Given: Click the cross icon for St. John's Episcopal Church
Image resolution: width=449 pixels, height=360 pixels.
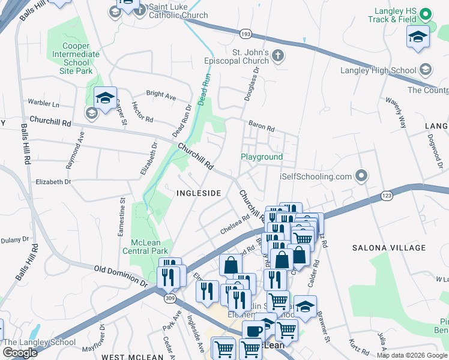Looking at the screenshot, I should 277,55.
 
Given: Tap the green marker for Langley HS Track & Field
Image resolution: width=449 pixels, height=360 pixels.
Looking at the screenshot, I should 425,14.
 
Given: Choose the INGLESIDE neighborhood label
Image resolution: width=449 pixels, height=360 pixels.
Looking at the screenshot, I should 199,193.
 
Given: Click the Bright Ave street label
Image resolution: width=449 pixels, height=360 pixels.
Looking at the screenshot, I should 161,96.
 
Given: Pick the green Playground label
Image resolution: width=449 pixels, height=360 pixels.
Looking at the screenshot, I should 262,157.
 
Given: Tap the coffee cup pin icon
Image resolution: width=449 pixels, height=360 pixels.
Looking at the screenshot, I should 253,331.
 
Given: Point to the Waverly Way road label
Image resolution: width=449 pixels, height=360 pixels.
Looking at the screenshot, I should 396,113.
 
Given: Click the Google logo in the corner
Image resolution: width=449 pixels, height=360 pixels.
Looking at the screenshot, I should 20,353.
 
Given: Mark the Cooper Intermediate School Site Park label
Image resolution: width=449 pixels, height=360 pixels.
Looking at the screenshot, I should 77,58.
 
